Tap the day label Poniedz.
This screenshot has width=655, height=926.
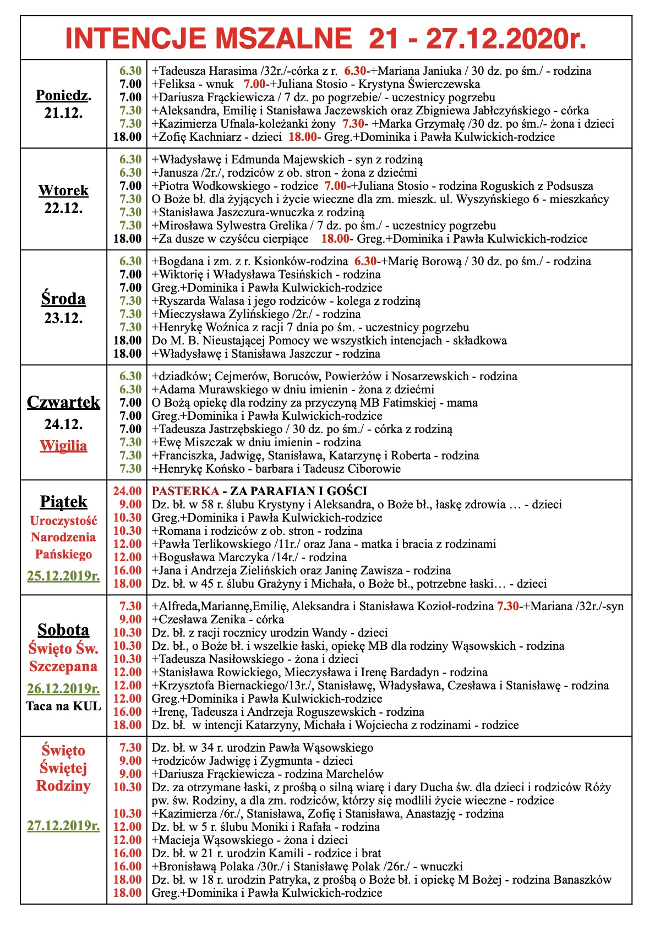63,95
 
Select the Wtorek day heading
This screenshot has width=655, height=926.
63,190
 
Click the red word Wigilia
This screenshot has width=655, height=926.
63,445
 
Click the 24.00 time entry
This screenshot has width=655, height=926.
127,491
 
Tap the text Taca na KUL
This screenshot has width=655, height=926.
63,706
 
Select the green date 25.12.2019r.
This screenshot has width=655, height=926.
63,576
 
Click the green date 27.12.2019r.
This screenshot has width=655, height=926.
63,826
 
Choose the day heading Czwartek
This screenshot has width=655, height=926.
63,402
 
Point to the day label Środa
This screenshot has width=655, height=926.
63,299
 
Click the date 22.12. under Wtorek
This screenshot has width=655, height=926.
63,208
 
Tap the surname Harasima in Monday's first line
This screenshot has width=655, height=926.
233,71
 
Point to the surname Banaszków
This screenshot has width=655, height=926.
582,880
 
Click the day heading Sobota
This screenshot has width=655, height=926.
63,630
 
